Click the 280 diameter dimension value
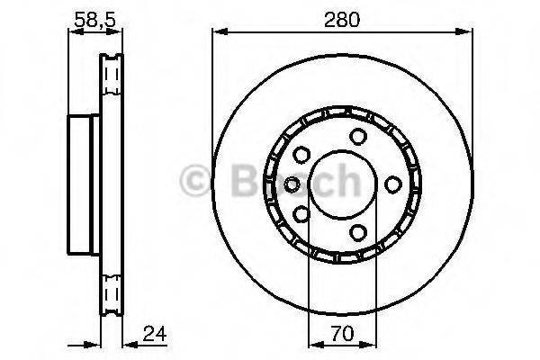pyautogui.click(x=342, y=19)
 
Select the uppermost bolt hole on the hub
pyautogui.click(x=358, y=136)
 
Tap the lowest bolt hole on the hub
pyautogui.click(x=358, y=232)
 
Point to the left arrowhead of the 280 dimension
pyautogui.click(x=217, y=34)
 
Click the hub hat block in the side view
pyautogui.click(x=83, y=184)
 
